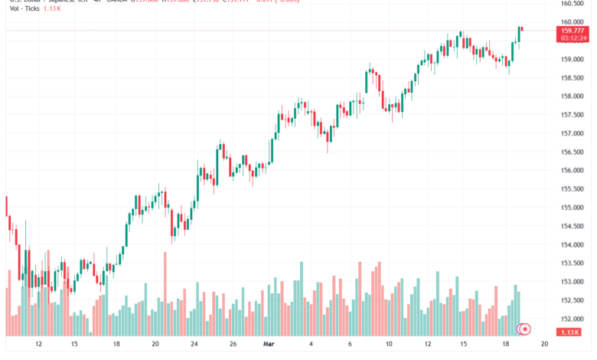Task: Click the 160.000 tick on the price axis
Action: coord(573,22)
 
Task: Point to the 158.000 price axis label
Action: coord(573,97)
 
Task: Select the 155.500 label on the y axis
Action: coord(573,188)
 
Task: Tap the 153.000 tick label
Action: coord(573,282)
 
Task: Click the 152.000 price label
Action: coord(573,319)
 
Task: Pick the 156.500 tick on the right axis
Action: coord(573,152)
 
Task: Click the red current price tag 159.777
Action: coord(573,30)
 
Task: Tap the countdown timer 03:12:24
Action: coord(573,37)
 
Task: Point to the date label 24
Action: coord(194,345)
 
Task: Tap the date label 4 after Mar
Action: coord(310,345)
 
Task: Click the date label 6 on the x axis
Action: coord(350,345)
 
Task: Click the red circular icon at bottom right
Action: coord(525,329)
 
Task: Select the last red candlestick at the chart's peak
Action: coord(521,29)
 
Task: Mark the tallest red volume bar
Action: coord(165,294)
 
